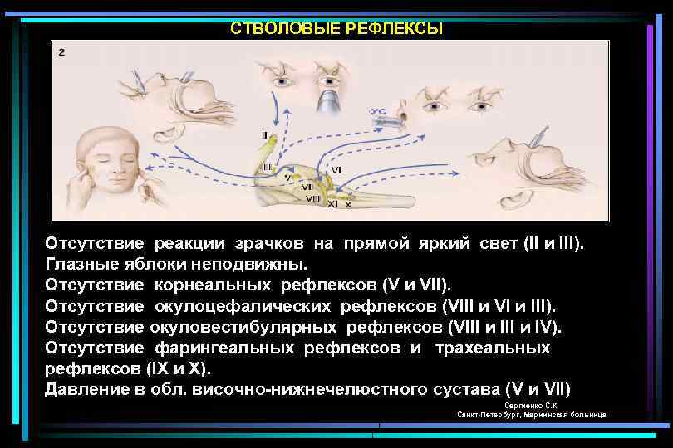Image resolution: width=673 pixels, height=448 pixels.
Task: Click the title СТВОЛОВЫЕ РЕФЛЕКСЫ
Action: click(x=336, y=29)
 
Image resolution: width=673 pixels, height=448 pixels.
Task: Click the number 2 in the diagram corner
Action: click(x=62, y=51)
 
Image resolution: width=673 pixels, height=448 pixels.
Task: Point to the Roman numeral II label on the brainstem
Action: click(x=264, y=134)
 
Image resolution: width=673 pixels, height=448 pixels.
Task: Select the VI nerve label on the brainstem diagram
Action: click(x=336, y=169)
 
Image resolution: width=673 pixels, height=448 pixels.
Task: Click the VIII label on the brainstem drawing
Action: click(x=313, y=197)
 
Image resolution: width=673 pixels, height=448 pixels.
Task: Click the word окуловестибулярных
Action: click(x=244, y=325)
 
